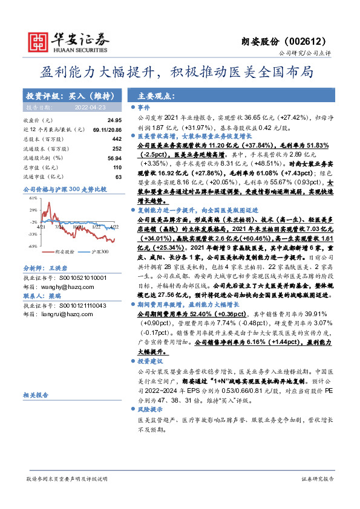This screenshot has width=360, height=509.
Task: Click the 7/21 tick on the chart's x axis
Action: point(59,228)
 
